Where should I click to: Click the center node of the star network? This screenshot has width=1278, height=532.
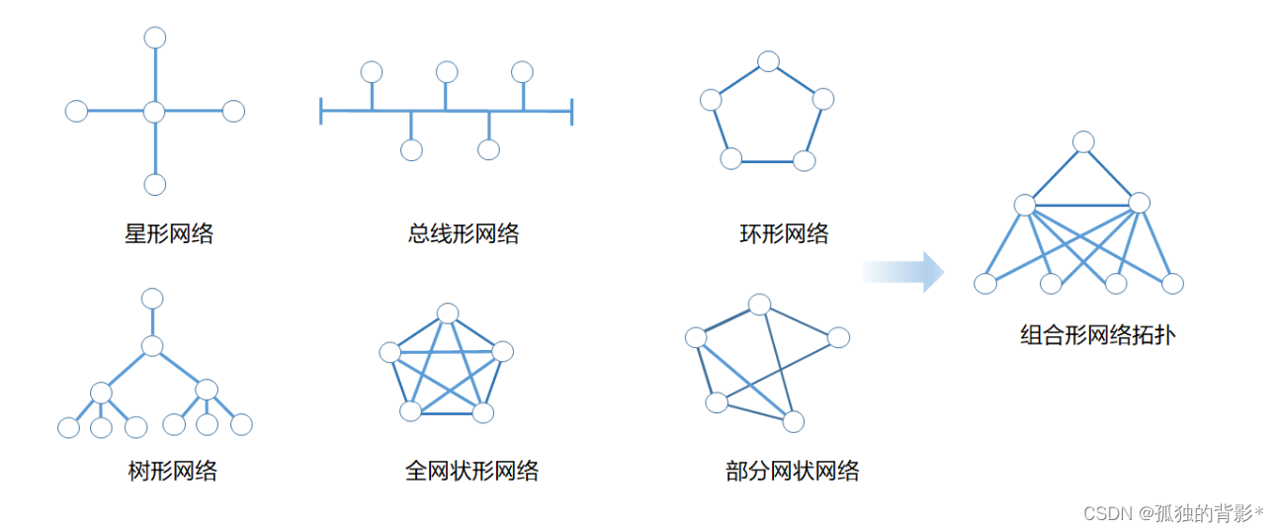(x=153, y=112)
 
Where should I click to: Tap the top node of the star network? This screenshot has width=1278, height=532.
(x=154, y=38)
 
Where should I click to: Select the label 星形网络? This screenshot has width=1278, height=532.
(x=169, y=234)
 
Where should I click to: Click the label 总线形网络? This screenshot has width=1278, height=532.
(x=464, y=234)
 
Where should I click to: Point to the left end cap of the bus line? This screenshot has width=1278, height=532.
(x=321, y=112)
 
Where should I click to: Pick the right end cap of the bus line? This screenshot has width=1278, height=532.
(x=572, y=112)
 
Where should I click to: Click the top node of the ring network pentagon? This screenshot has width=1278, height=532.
(x=769, y=61)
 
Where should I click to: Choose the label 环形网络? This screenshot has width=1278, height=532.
(x=784, y=234)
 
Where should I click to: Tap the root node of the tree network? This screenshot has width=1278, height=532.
(x=152, y=298)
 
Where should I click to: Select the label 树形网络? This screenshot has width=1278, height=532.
(x=173, y=471)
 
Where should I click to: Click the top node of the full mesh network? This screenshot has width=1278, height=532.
(x=448, y=313)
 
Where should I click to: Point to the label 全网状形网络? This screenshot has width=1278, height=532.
(x=471, y=471)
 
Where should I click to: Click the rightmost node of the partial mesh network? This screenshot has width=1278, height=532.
(x=838, y=337)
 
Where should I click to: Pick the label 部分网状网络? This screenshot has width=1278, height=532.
(x=792, y=471)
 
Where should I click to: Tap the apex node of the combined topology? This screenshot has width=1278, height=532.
(x=1084, y=141)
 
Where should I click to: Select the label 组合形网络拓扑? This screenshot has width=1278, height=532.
(x=1098, y=335)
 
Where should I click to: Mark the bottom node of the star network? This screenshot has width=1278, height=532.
(x=154, y=184)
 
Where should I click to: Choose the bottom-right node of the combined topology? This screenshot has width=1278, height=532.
(x=1172, y=284)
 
